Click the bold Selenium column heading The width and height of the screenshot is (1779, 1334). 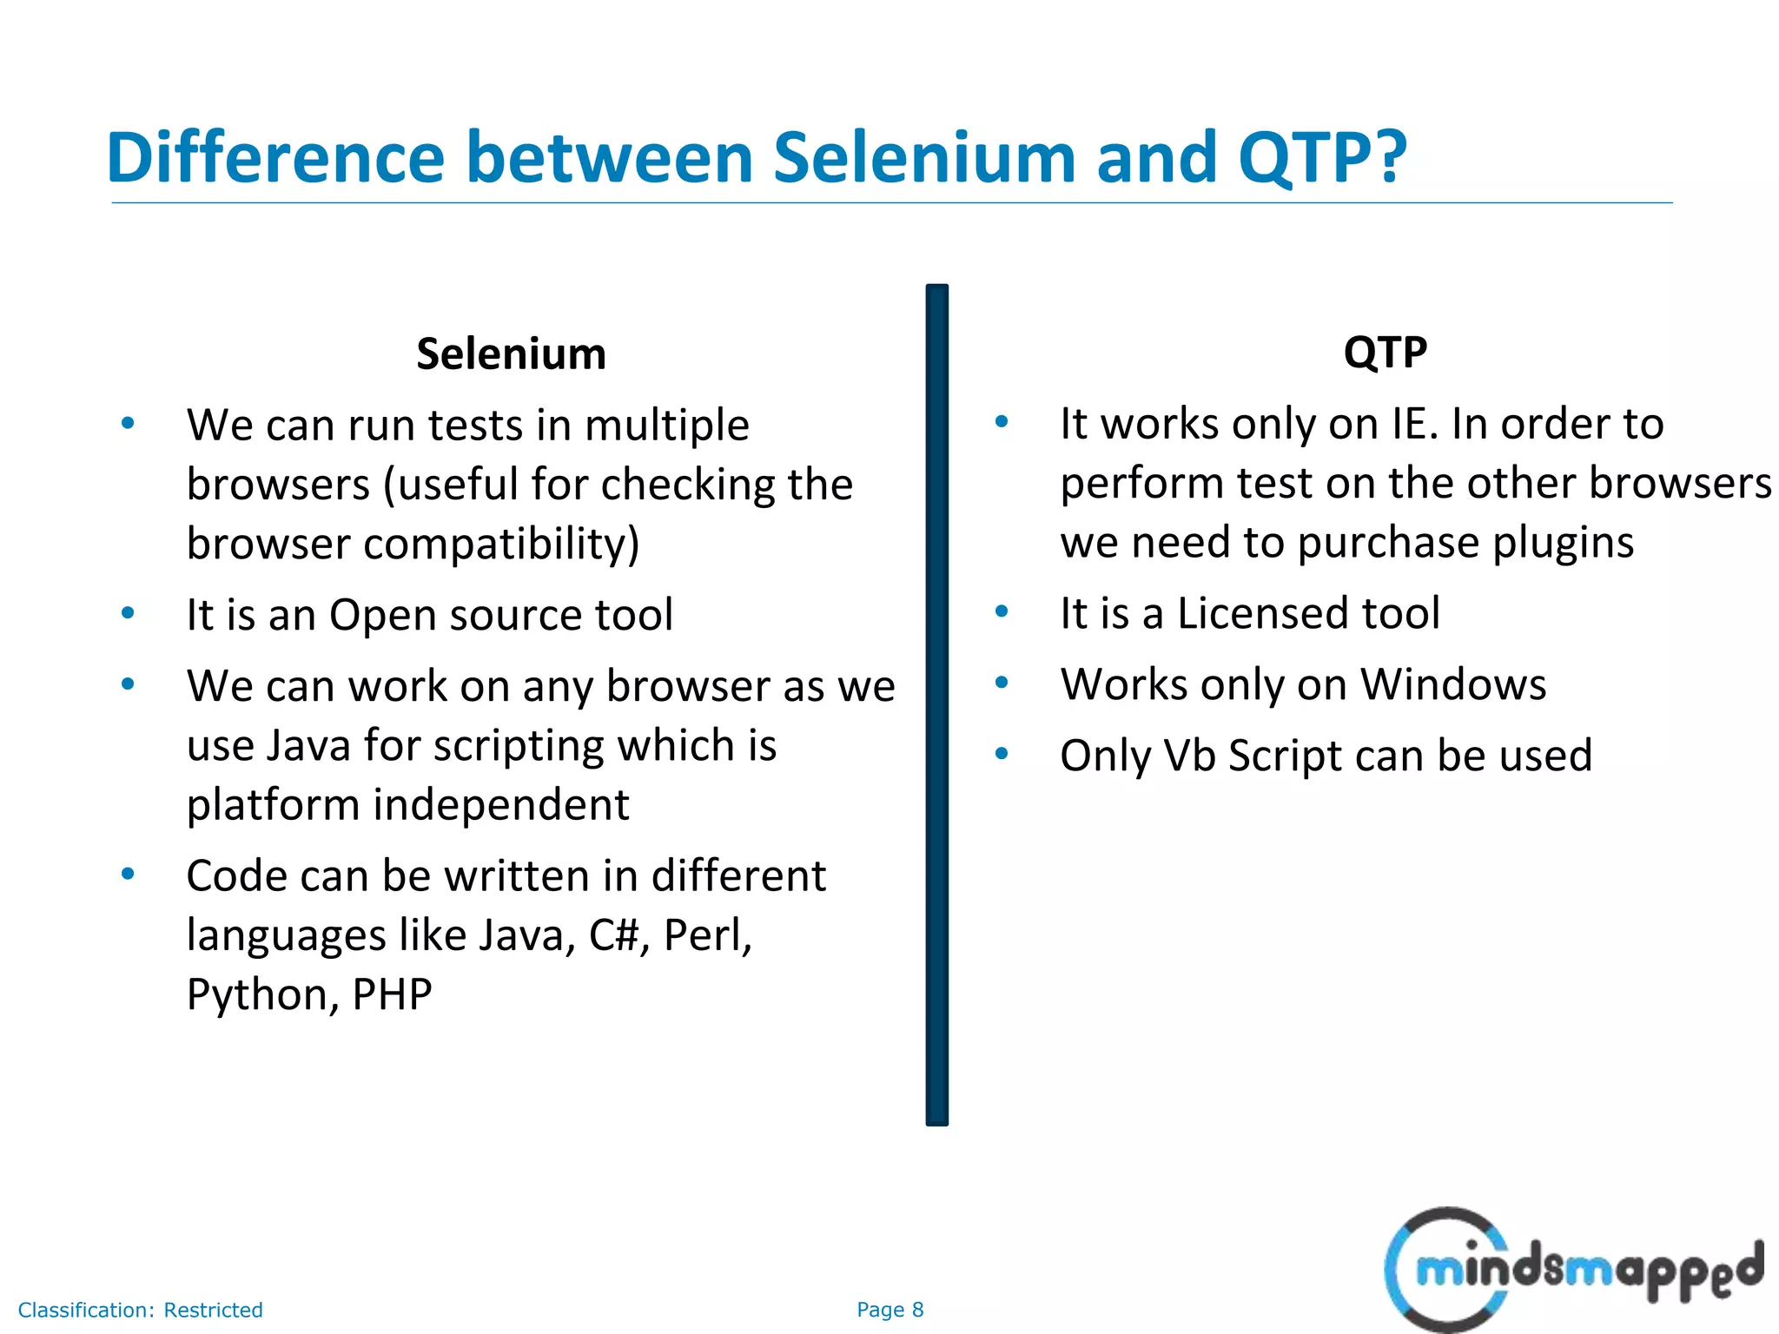(511, 354)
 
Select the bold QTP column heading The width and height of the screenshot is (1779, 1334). (1385, 352)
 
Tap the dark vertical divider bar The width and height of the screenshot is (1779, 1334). (936, 703)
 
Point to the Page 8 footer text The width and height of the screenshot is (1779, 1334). (889, 1310)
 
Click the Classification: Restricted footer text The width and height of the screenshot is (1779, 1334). (140, 1310)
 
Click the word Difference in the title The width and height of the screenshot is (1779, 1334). (275, 158)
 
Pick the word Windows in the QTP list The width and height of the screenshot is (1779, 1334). (1453, 684)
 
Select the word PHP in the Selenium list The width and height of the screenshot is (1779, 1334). (392, 994)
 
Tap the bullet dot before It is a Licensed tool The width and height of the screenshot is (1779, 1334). (1001, 611)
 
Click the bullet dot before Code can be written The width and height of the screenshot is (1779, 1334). (128, 874)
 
